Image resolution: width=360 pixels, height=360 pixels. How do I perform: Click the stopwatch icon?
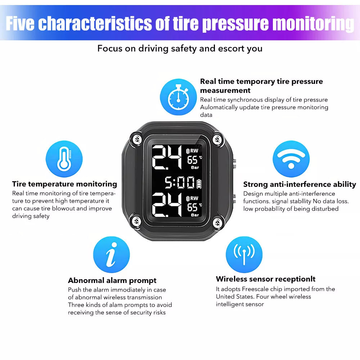click(178, 97)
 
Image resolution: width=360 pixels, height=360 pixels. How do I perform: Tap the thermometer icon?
click(64, 159)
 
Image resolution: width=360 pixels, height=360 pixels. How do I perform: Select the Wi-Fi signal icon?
click(291, 159)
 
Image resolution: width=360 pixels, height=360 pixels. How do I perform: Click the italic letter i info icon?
click(111, 255)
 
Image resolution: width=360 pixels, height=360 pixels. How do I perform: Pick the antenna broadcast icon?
click(244, 255)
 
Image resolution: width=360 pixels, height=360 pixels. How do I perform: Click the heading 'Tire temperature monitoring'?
click(64, 184)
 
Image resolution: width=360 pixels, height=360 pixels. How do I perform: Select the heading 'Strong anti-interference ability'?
click(300, 184)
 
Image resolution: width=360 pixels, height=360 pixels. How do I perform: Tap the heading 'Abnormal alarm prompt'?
click(112, 280)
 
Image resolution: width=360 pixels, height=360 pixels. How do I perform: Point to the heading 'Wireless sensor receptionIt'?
click(266, 279)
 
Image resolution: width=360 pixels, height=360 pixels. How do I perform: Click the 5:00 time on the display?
click(180, 183)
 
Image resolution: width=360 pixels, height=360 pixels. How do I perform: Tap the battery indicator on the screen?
click(199, 184)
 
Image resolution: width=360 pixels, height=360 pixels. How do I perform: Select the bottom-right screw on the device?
click(217, 222)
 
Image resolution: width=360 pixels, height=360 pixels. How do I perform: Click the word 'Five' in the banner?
click(20, 23)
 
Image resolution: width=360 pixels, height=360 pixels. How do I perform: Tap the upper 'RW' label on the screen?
click(194, 151)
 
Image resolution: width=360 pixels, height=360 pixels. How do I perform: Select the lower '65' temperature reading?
click(192, 207)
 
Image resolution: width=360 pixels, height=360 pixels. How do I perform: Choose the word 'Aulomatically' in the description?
click(219, 108)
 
